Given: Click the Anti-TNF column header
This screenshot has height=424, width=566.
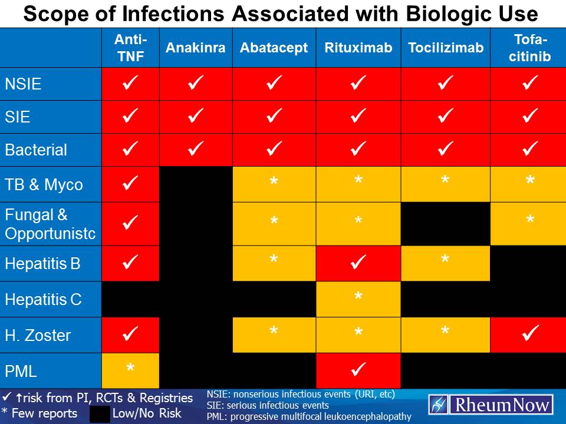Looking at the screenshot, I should (130, 48).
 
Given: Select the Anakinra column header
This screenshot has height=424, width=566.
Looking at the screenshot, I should (195, 48).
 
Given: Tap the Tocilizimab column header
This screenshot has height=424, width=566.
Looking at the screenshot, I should (445, 48).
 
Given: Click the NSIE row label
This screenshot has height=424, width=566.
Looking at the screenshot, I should (23, 84).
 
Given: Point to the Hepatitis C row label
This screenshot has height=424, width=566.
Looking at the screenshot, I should (43, 300).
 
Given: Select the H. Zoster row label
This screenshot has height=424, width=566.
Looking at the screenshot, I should (38, 336).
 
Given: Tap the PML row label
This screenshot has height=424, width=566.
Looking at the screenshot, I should (21, 372).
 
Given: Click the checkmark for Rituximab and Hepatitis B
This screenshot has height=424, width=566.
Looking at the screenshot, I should (358, 261).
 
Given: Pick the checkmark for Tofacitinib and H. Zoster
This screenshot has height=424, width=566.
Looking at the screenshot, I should (530, 334).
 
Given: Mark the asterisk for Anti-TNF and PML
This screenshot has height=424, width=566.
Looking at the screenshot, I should (130, 369).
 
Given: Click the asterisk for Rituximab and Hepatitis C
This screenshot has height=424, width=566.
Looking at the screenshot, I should (358, 298).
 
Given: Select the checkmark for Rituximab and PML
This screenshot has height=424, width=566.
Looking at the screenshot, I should (358, 370).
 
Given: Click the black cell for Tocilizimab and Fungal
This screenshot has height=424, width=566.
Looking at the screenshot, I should (445, 224).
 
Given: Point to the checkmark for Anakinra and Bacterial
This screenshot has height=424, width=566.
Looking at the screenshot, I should (195, 150).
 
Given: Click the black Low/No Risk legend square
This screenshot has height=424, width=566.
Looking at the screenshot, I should (100, 413).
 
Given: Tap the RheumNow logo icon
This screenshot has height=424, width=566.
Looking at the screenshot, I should (437, 405).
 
